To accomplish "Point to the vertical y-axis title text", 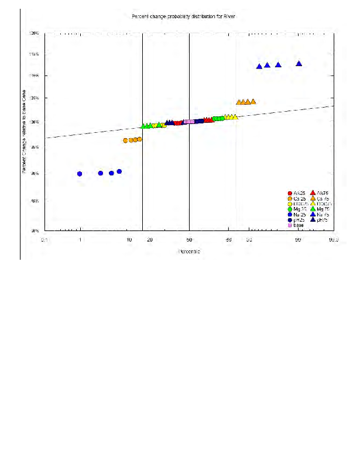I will [25, 132].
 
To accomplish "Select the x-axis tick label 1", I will [80, 240].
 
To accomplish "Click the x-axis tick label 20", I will [150, 240].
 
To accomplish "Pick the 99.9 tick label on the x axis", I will [334, 240].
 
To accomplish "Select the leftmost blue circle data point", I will [80, 174].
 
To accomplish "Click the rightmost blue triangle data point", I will [299, 64].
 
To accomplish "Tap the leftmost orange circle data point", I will [125, 140].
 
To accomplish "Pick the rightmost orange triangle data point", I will [253, 101].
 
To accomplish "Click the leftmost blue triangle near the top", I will [259, 66].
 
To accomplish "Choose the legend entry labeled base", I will [298, 225].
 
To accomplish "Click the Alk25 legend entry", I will [298, 193].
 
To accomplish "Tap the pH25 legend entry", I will [298, 220].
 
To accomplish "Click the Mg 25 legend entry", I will [298, 209].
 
